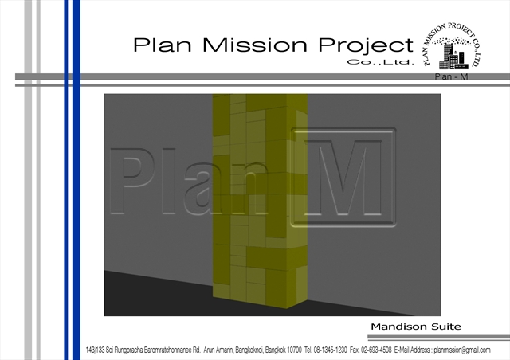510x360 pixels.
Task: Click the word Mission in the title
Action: click(255, 45)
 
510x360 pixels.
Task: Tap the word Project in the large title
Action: click(366, 46)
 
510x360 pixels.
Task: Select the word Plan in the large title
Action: click(163, 45)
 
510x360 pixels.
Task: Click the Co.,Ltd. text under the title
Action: click(381, 62)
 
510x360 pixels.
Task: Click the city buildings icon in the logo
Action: click(453, 57)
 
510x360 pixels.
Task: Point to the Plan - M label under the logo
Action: click(451, 76)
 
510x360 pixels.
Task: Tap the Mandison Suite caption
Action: click(416, 327)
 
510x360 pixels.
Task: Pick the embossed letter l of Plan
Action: click(168, 181)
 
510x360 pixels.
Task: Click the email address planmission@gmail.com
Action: click(462, 350)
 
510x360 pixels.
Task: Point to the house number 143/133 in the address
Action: click(95, 350)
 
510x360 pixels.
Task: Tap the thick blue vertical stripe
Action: click(76, 180)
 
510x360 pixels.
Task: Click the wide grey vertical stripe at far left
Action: click(29, 180)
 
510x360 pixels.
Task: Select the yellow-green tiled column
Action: click(260, 200)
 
